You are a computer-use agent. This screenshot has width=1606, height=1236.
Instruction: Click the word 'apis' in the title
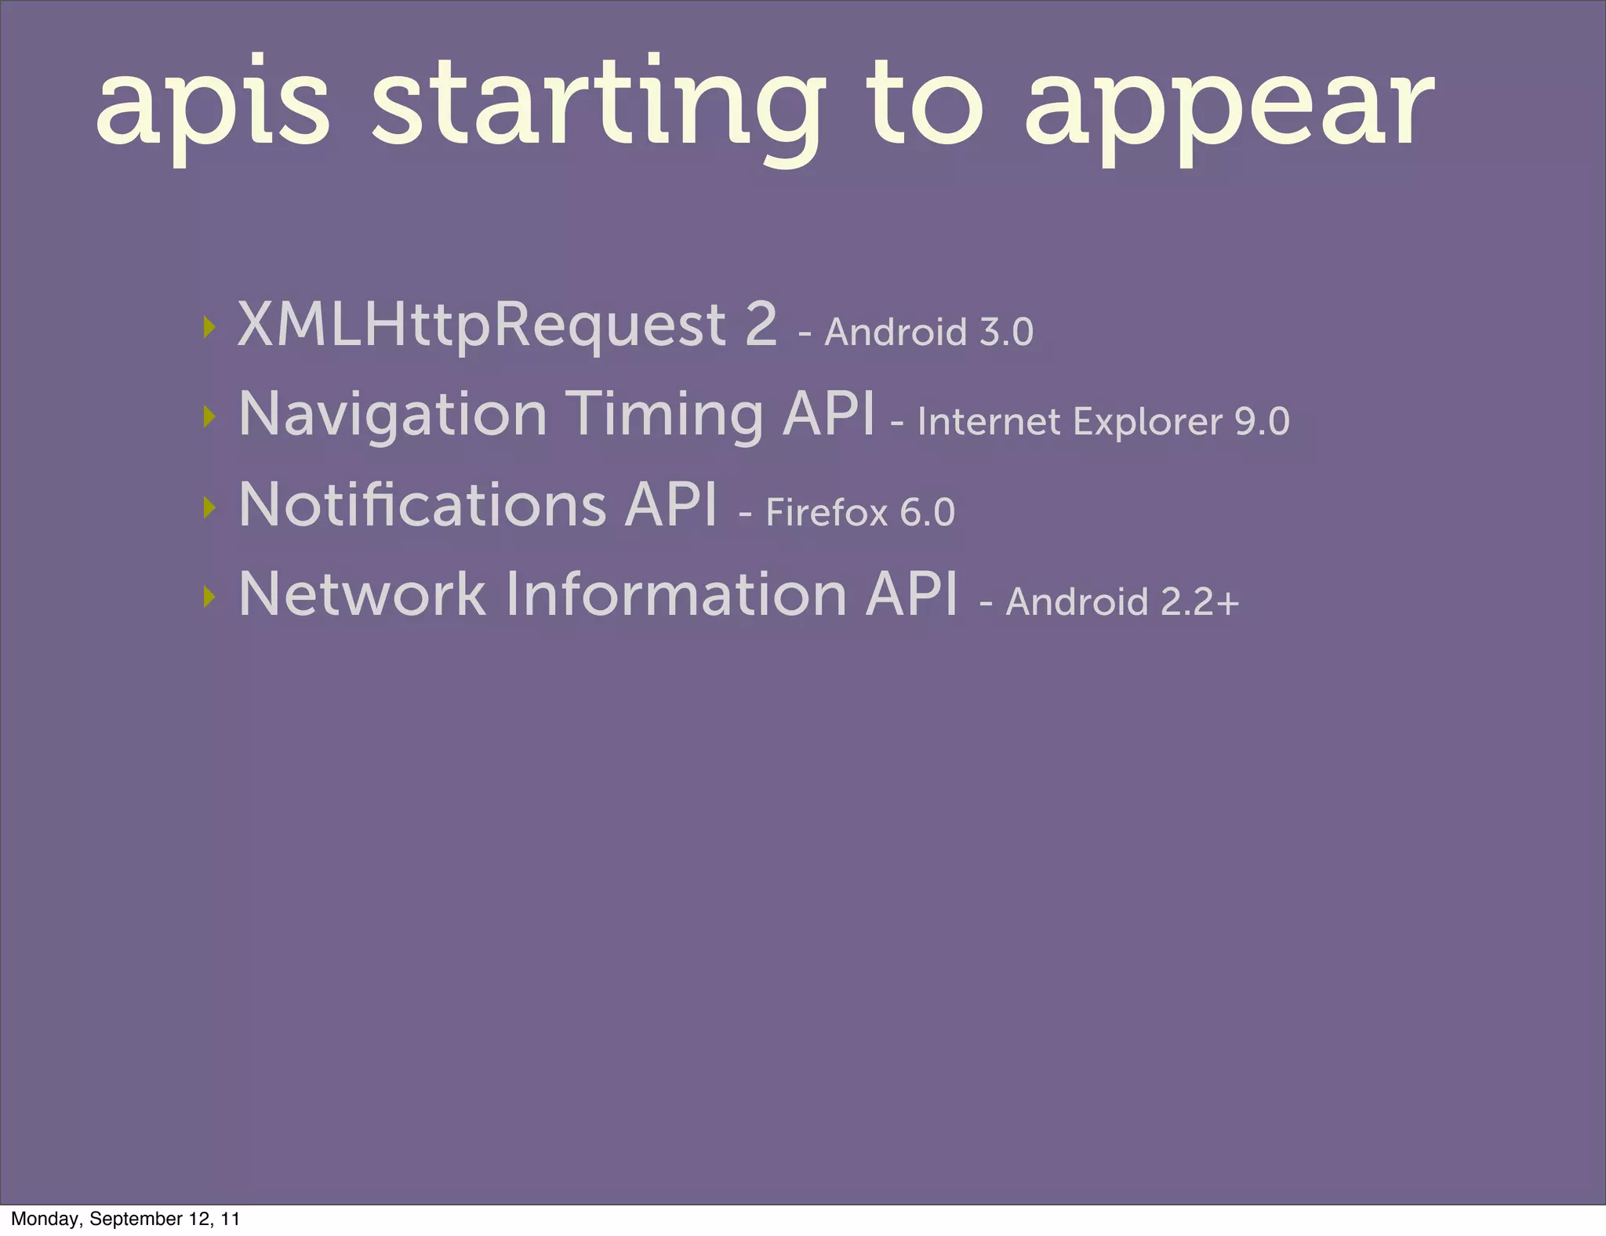212,106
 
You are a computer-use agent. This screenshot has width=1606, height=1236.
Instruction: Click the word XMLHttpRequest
481,325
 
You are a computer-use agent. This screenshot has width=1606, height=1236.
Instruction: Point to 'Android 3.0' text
928,333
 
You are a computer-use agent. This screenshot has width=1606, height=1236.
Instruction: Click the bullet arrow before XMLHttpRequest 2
209,326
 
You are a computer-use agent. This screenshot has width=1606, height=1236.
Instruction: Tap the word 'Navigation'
393,415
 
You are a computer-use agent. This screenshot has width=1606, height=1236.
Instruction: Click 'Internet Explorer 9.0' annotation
1103,422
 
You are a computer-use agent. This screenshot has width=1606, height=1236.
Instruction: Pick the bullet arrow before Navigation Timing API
209,416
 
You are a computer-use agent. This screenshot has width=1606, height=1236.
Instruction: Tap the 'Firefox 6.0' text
859,513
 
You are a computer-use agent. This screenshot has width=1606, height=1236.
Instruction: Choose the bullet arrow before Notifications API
209,507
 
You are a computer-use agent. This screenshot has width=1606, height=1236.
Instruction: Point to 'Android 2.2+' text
1121,602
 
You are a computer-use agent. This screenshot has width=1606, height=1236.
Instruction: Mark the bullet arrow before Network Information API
209,597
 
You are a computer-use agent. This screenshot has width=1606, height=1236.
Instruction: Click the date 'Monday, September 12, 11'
125,1219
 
